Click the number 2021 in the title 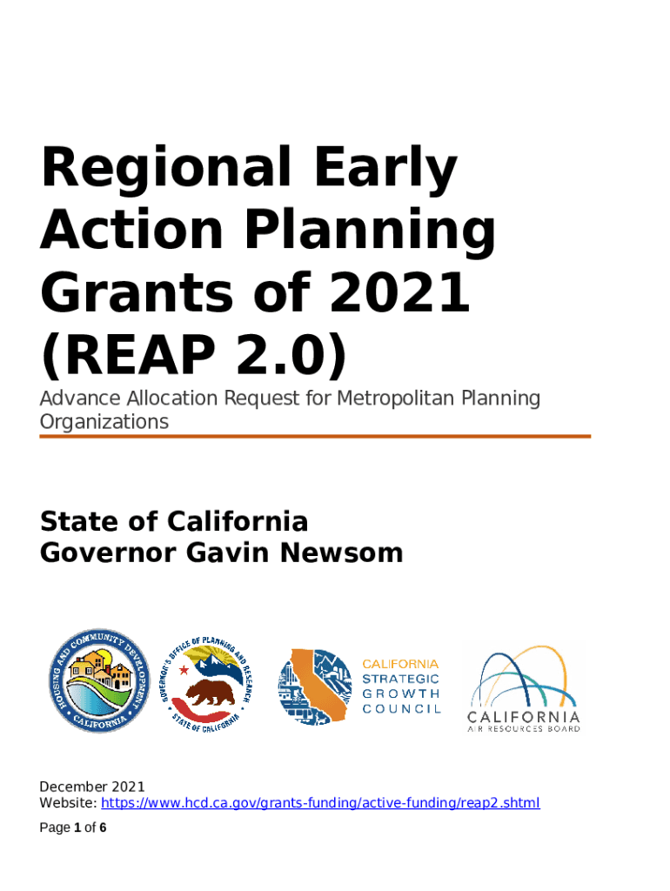click(399, 292)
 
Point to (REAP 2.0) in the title click(194, 356)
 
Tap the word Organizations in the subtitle click(104, 422)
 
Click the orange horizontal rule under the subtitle click(315, 437)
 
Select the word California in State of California click(237, 522)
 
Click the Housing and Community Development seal click(99, 680)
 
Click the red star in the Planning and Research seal click(184, 670)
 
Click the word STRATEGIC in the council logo click(400, 679)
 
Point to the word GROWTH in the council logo click(400, 693)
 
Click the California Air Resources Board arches click(522, 677)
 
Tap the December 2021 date click(92, 787)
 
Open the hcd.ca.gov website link click(320, 803)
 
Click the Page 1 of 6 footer click(73, 827)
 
